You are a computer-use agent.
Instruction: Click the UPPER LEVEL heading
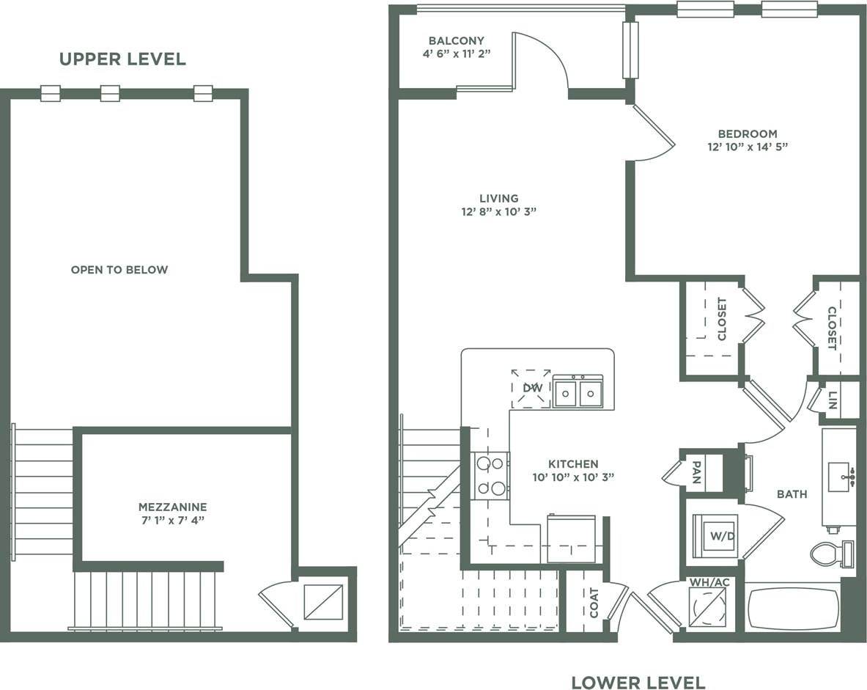tap(122, 59)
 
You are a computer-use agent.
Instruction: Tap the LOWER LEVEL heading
tap(638, 683)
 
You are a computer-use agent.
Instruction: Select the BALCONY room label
tap(456, 41)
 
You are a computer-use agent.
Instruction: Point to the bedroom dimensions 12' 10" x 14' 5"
tap(747, 147)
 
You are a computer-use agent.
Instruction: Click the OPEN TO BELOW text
tap(119, 270)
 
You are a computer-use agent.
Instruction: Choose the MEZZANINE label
tap(173, 507)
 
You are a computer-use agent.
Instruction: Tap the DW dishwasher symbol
tap(531, 388)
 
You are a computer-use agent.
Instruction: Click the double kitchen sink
tap(578, 393)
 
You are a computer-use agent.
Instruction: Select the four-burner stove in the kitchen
tap(490, 476)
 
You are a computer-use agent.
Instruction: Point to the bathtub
tap(793, 608)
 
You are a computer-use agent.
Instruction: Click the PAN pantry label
tap(696, 474)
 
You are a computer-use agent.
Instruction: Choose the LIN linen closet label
tap(833, 400)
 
